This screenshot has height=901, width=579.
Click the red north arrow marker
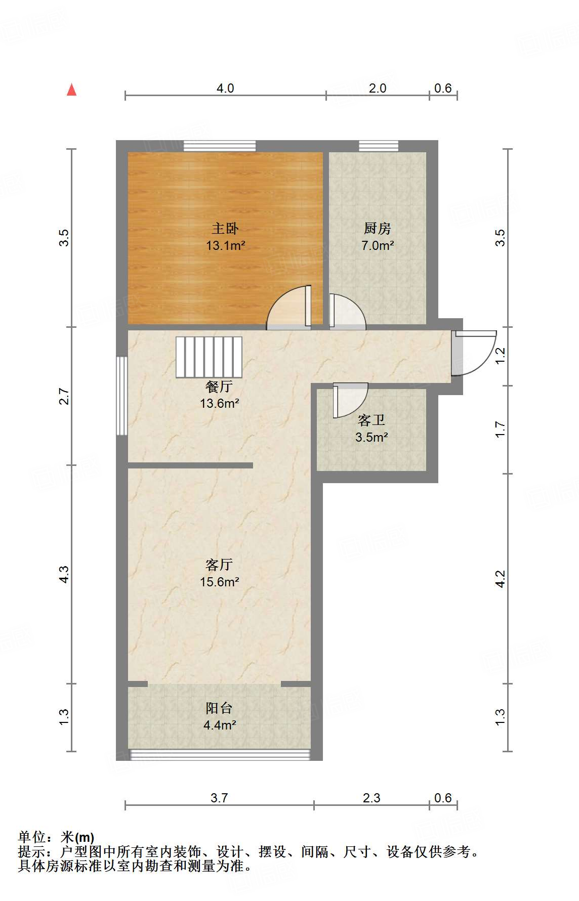tap(72, 90)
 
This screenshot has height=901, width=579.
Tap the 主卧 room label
tap(225, 229)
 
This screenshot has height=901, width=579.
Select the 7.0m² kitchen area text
tap(378, 246)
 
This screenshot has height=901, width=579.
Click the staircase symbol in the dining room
tap(209, 357)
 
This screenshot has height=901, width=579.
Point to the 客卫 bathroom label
tap(371, 420)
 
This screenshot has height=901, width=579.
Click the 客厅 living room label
tap(219, 565)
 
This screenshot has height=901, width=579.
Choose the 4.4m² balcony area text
tap(220, 725)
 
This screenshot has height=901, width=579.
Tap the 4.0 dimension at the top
tap(225, 89)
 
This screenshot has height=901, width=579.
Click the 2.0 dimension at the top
tap(378, 89)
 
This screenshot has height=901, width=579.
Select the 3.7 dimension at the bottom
tap(219, 798)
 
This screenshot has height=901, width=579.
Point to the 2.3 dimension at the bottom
tap(371, 798)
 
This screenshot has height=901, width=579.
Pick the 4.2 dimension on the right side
tap(500, 579)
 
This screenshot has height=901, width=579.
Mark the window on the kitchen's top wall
tap(379, 146)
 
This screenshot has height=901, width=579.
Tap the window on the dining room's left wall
tap(121, 396)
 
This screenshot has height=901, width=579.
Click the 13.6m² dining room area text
tap(219, 404)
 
